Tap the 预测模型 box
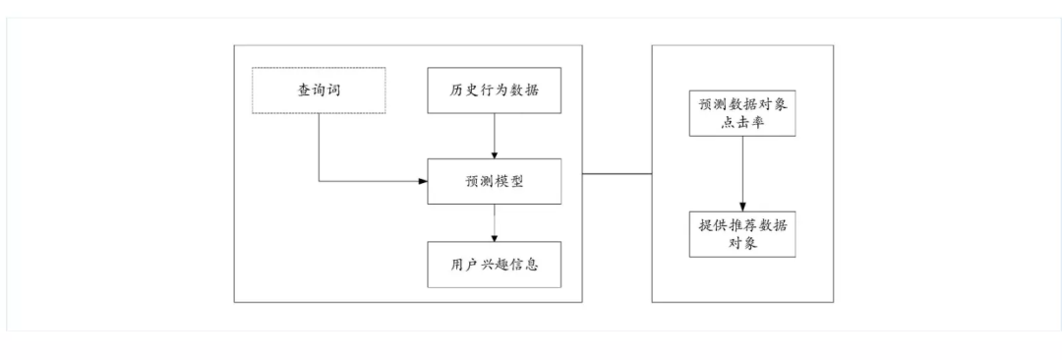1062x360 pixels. (494, 181)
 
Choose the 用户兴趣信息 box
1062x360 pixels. (494, 264)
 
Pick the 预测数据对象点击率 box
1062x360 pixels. (741, 112)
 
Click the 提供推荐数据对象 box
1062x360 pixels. (741, 232)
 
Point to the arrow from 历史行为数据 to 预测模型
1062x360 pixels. (494, 136)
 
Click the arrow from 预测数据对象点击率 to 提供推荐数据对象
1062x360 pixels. (741, 172)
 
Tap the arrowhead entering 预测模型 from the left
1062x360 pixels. (421, 181)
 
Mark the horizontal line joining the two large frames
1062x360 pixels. (618, 174)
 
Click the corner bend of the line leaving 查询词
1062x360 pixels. (319, 181)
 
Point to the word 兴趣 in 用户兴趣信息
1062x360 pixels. (494, 264)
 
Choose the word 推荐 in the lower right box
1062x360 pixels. (734, 223)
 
